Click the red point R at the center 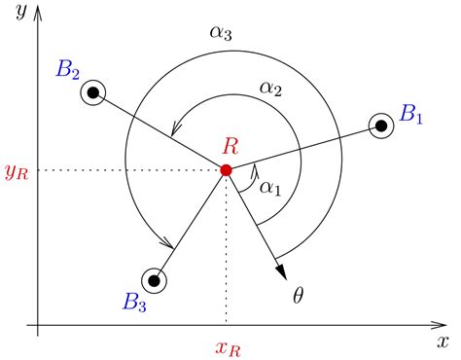226,170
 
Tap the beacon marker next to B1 380,126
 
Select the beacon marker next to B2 93,94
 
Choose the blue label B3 134,303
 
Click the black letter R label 231,147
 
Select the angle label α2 270,89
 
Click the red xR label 226,345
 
